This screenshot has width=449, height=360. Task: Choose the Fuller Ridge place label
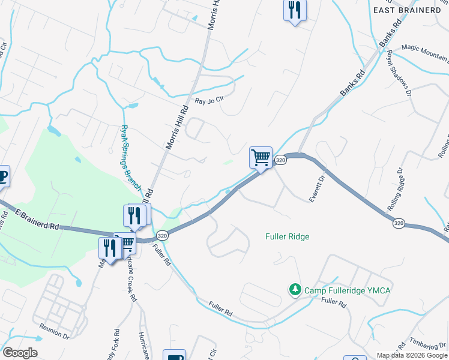click(x=287, y=236)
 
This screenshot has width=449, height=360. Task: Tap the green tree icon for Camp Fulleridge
click(x=295, y=290)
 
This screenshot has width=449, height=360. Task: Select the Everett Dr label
click(x=316, y=188)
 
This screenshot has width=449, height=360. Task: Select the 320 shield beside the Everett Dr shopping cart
click(x=280, y=160)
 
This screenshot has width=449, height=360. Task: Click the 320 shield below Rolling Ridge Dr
click(x=399, y=223)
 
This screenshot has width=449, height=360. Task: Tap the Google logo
click(x=20, y=353)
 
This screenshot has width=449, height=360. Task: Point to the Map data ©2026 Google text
click(x=412, y=355)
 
